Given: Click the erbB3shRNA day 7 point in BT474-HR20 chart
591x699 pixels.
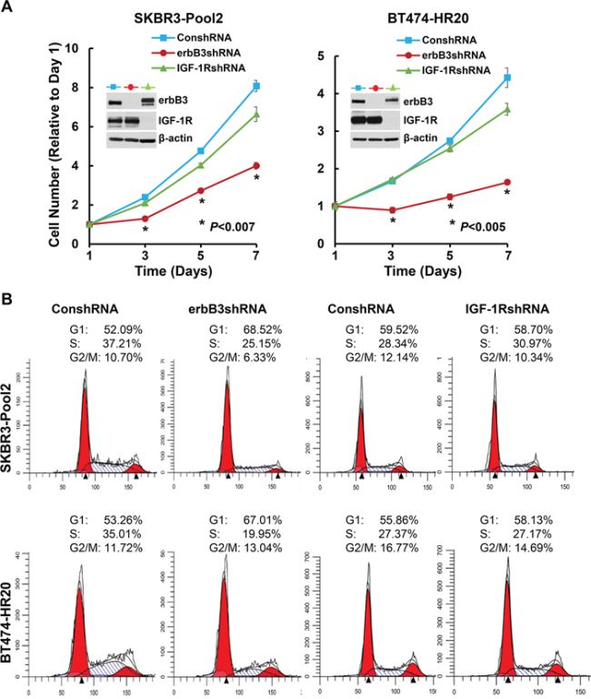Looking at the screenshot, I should pyautogui.click(x=506, y=182).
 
